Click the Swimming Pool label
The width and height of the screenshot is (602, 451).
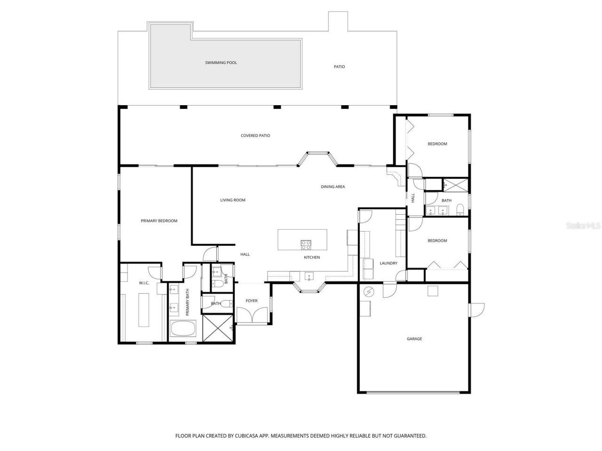221,62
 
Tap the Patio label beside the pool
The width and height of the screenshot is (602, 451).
339,67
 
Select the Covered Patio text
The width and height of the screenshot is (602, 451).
255,136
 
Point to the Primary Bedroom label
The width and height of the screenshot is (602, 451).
159,221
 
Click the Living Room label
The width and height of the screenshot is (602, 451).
233,200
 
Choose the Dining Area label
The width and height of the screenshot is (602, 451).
333,187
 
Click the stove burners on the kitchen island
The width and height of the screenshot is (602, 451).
306,244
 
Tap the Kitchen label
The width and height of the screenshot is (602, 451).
311,257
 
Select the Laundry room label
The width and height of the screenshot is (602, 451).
388,263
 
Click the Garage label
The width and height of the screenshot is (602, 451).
414,339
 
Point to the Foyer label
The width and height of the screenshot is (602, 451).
252,301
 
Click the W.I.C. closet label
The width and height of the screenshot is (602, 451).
144,283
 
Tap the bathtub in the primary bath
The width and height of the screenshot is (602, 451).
183,329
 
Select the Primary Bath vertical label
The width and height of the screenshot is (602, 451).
187,302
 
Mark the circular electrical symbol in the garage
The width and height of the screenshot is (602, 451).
368,292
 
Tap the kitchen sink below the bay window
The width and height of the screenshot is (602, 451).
309,276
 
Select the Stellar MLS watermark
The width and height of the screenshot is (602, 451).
583,225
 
